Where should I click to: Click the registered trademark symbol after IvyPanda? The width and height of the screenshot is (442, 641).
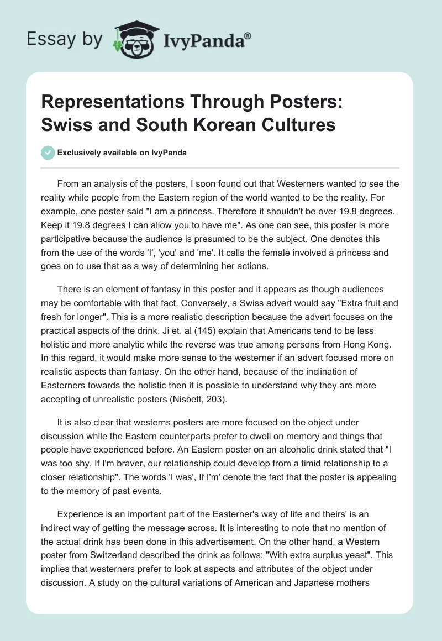pyautogui.click(x=248, y=36)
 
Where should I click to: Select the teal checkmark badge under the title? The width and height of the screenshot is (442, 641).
pyautogui.click(x=48, y=153)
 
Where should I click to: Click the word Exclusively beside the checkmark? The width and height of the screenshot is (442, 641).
pyautogui.click(x=83, y=153)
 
